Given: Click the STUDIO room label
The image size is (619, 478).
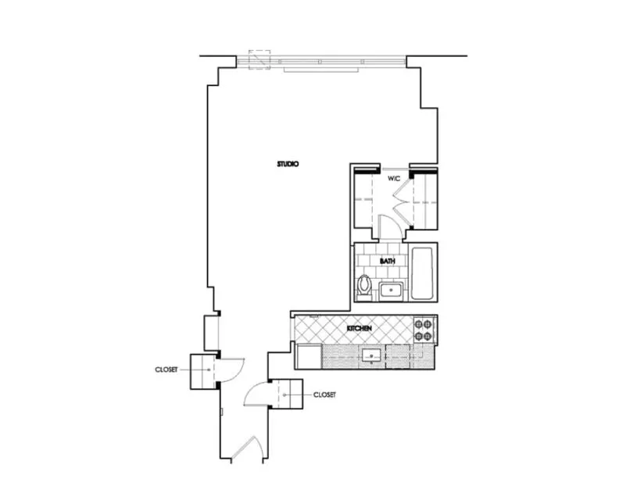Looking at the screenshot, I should (x=288, y=164).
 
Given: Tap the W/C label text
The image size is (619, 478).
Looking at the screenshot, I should (x=394, y=179).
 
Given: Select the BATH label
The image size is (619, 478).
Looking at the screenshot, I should (x=386, y=262).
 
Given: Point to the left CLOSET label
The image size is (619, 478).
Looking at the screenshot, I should (x=166, y=369).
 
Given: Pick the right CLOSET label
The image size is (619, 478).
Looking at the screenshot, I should (x=324, y=395).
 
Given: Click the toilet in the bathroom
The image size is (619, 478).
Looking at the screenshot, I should (x=363, y=285).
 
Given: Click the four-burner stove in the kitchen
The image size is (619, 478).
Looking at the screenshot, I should (x=424, y=329).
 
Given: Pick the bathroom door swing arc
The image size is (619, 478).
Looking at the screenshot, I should (x=388, y=227).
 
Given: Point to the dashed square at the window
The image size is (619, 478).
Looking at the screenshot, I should (x=259, y=61).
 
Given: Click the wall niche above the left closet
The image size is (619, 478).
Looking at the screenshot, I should (x=212, y=333).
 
